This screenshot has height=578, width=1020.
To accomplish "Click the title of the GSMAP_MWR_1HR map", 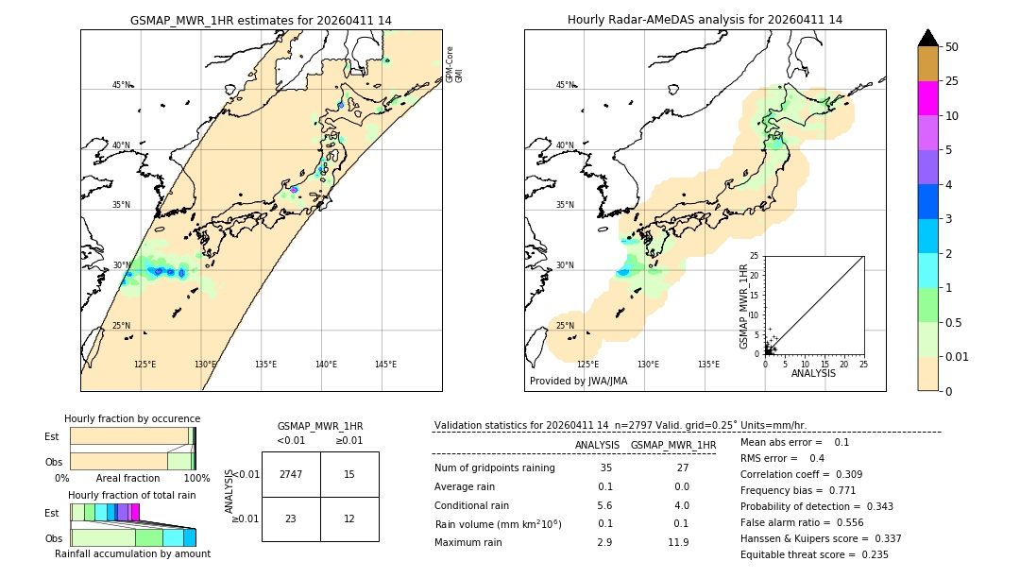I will pos(261,20).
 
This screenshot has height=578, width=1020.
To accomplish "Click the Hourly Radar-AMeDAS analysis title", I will pos(705,20).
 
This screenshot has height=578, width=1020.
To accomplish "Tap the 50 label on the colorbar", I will pos(953,46).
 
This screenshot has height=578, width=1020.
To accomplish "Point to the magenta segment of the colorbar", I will pos(927,98).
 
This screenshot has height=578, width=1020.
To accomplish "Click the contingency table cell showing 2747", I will pos(291,474).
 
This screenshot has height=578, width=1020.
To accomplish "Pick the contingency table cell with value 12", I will pos(349,518).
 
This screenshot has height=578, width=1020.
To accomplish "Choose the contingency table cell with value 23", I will pos(291,518).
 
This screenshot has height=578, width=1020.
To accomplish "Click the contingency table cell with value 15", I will pos(349,474).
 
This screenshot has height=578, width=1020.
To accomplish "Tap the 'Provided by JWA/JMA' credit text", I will pos(578,381).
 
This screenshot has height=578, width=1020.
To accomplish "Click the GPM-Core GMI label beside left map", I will pos(454,64).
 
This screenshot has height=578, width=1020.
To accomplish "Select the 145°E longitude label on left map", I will pos(385,365).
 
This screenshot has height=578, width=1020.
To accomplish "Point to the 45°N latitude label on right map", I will pos(565,85).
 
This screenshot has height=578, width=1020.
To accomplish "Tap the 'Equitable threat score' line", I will pos(814,554).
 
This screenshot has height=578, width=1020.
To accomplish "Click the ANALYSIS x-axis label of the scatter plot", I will pos(814,373).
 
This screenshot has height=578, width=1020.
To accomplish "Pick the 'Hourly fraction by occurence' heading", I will pos(132,418).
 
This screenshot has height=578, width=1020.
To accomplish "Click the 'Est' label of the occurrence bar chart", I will pos(52,436).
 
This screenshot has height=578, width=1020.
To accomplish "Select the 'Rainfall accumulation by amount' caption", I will pos(132,553).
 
